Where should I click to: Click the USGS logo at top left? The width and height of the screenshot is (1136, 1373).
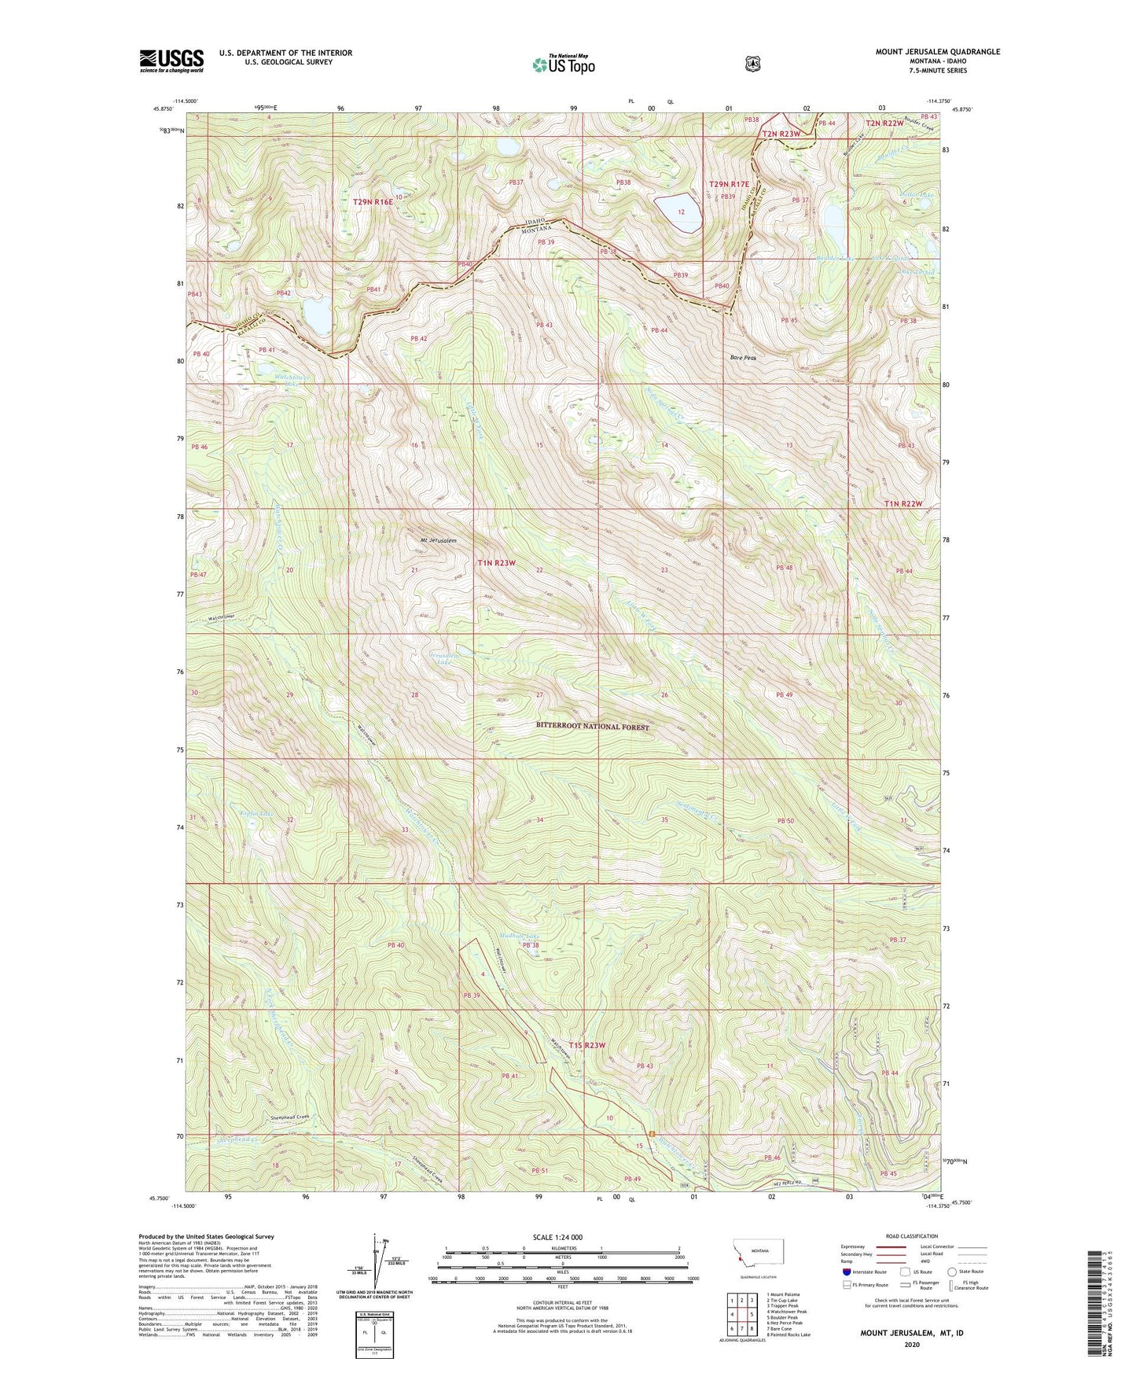tap(171, 61)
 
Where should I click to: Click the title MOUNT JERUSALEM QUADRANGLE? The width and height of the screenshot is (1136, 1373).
tap(937, 52)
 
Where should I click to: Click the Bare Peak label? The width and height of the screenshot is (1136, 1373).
tap(742, 358)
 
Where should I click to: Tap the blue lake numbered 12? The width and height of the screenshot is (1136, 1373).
tap(678, 213)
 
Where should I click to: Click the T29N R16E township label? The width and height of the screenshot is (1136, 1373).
tap(372, 202)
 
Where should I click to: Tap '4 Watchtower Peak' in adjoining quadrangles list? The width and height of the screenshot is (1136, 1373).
tap(786, 1312)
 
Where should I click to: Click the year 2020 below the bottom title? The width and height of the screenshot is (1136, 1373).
tap(912, 1344)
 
